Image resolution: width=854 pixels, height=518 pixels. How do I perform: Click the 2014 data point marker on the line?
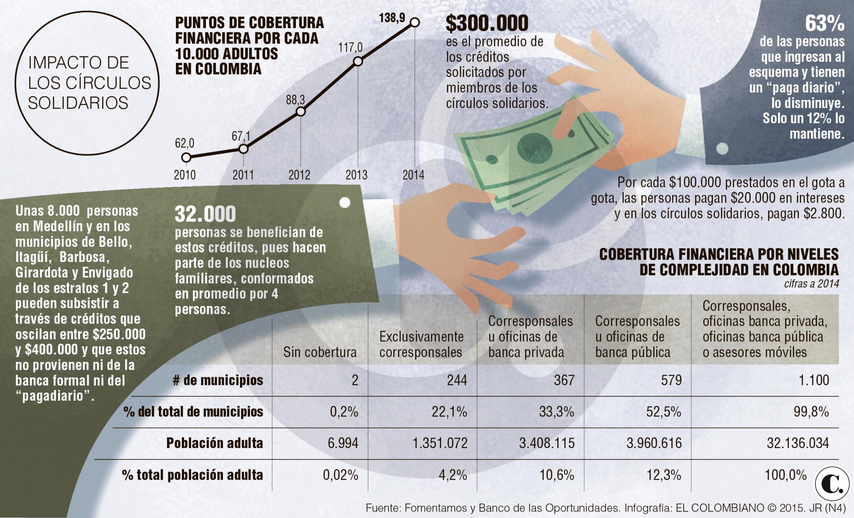[x=415, y=22]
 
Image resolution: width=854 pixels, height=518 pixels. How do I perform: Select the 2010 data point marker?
[x=186, y=157]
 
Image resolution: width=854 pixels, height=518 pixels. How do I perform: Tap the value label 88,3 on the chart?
[x=295, y=100]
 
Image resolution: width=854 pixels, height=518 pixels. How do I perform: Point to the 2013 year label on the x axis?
[x=357, y=175]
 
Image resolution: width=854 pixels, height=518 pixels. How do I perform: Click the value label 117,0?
[x=350, y=47]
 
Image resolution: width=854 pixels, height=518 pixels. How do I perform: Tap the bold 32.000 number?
[x=205, y=214]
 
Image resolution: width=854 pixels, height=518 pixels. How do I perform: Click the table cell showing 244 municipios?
[x=457, y=380]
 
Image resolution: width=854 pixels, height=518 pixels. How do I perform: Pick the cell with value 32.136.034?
[x=798, y=443]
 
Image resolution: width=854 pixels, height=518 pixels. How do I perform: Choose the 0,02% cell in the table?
[x=340, y=475]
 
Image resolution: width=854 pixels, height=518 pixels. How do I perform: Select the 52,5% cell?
[x=664, y=412]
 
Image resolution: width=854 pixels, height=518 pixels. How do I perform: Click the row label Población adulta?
[x=214, y=443]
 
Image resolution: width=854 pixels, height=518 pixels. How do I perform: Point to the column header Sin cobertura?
[x=320, y=352]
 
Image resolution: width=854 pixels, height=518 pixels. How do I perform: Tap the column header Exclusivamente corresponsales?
[x=421, y=344]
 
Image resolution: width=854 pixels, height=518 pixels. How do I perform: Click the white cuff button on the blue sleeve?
[x=722, y=148]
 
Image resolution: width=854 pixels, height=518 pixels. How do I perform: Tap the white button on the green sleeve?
[x=345, y=202]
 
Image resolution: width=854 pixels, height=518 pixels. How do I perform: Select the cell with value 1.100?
[x=814, y=380]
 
